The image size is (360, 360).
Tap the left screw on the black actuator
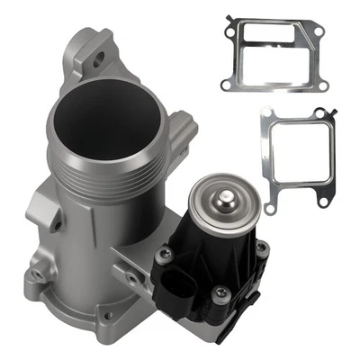pos(164,256)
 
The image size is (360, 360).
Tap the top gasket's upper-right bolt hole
pos(318,32)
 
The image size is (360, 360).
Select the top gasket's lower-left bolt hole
pos(225,85)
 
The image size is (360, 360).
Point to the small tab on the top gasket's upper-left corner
pos(232,18)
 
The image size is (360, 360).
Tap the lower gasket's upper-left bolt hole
pos(267,112)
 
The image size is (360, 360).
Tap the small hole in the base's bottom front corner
pos(109,316)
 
